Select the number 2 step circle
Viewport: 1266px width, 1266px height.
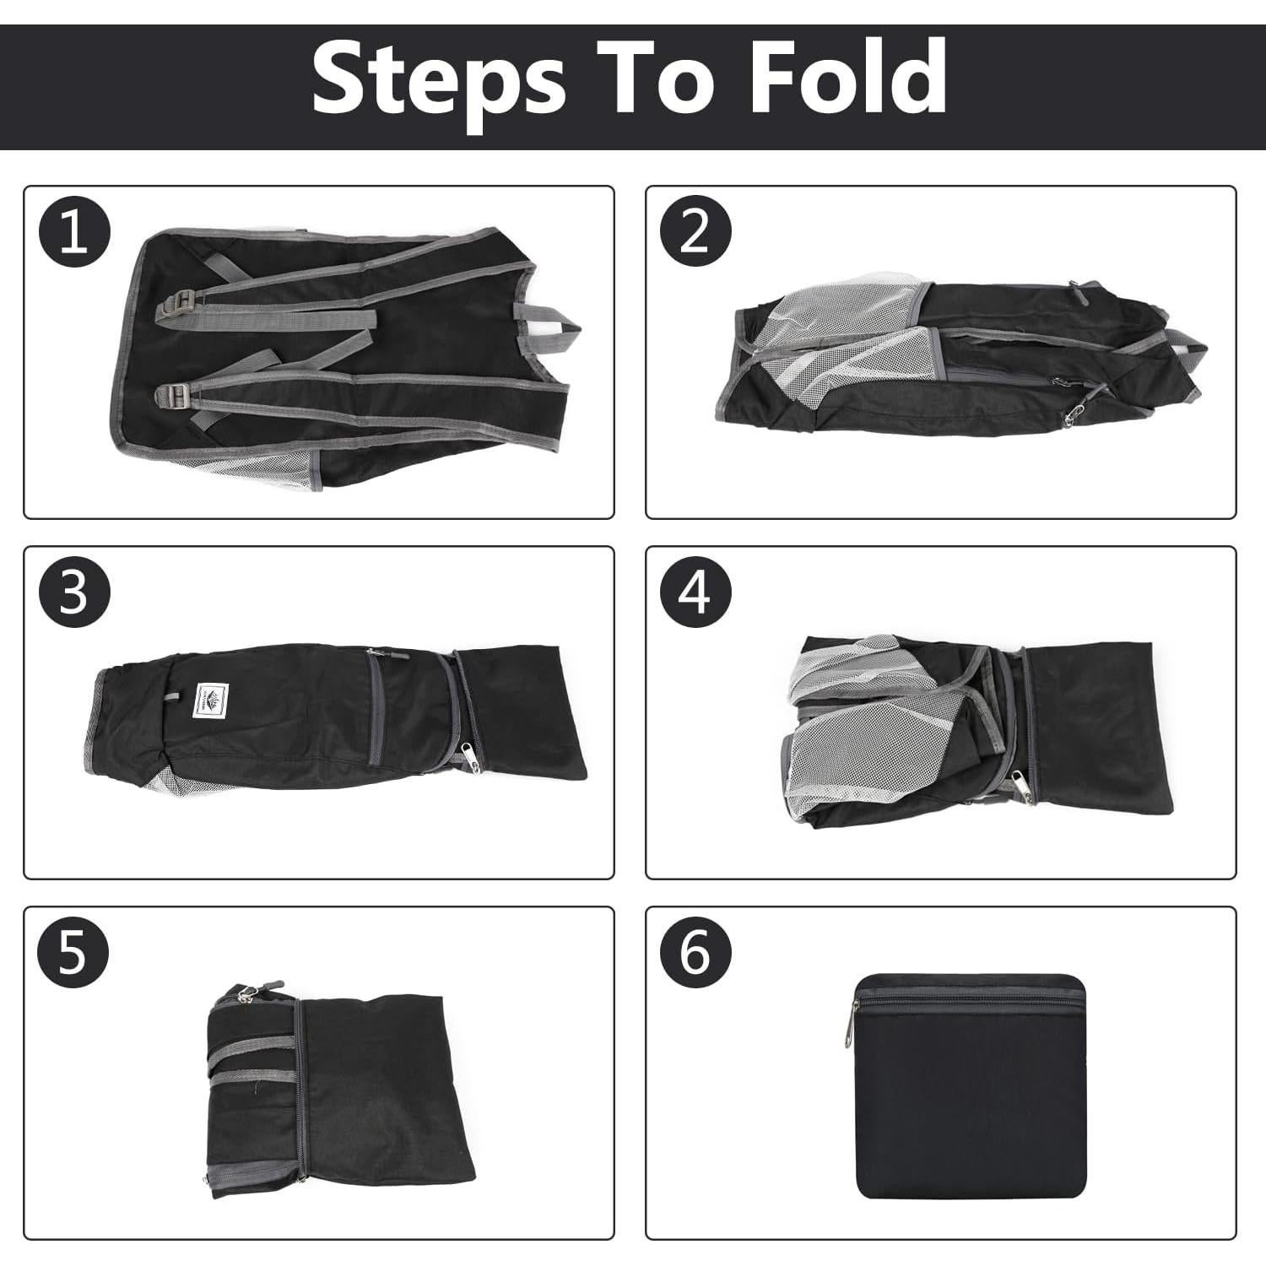pos(695,232)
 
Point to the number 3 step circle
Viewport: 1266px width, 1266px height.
pos(74,592)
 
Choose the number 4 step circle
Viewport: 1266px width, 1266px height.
pos(695,592)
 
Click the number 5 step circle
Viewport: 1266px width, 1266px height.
pos(74,953)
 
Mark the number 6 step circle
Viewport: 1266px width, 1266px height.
pos(695,953)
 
